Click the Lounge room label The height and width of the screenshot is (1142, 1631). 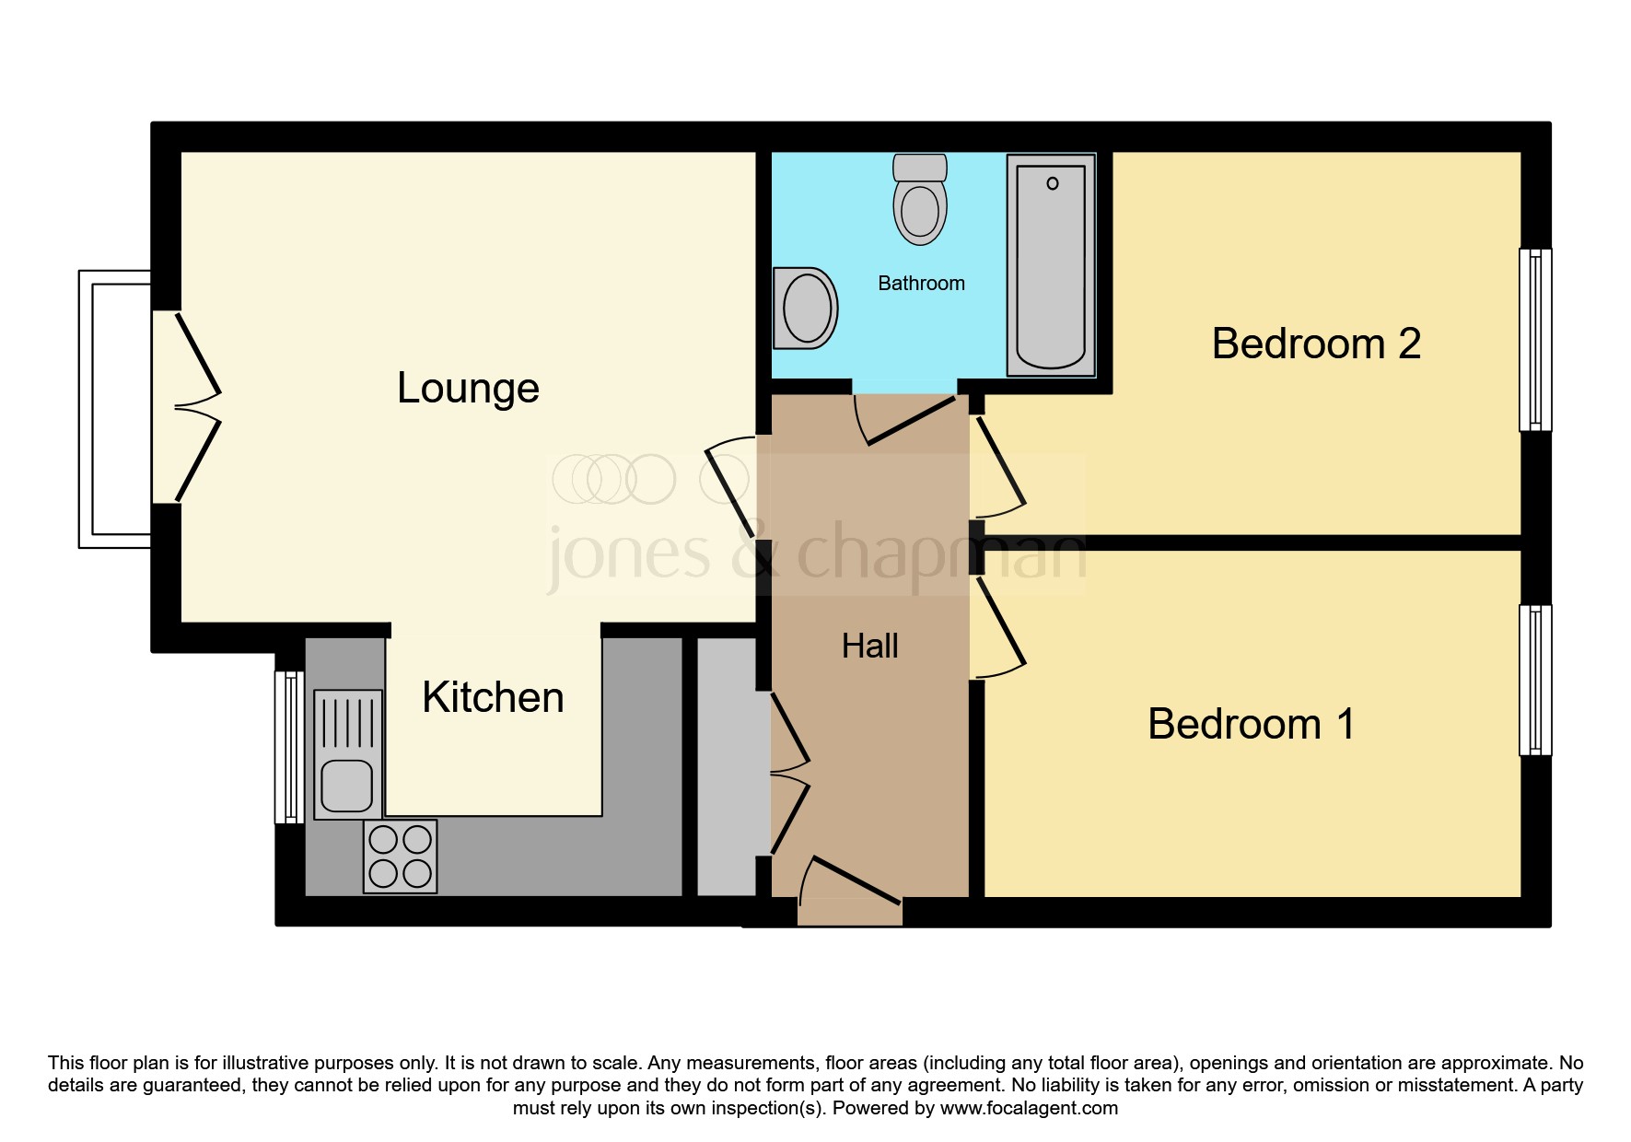coord(468,389)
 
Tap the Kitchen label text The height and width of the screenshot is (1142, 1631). coord(493,697)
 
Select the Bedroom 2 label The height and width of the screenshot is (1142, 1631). coord(1316,344)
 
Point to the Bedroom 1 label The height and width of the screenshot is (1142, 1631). coord(1251,724)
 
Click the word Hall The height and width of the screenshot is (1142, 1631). coord(869,647)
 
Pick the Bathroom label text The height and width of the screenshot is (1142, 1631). coord(921,284)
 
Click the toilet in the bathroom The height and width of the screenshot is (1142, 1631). coord(920,200)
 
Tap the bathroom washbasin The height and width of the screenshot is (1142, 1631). coord(805,309)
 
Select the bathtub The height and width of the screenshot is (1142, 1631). coord(1051,265)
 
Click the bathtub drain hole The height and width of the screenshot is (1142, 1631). coord(1053,183)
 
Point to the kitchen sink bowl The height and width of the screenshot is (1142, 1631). coord(347,786)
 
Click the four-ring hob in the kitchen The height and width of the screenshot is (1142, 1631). coord(401,856)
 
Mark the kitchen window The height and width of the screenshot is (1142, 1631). coord(289,747)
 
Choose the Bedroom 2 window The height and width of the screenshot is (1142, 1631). coord(1535,340)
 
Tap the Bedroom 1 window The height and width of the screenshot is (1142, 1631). coord(1535,680)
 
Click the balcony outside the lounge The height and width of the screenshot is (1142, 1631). coord(115,409)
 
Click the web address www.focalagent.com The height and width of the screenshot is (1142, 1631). coord(1029,1108)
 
